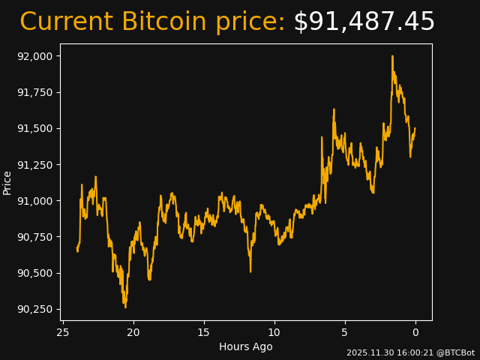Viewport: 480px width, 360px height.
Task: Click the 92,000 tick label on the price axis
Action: pos(37,56)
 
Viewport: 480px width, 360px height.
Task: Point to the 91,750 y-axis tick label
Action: pos(37,92)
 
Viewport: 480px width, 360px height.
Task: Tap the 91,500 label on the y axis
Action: pos(37,128)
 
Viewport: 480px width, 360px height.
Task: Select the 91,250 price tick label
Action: pos(37,164)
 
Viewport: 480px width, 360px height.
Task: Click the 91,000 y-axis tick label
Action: pos(37,200)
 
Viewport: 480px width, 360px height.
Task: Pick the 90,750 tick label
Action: pos(37,237)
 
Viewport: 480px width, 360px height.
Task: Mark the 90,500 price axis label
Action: pos(37,273)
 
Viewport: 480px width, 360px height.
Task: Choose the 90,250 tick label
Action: pos(37,309)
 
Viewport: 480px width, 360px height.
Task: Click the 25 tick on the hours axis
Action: pos(63,332)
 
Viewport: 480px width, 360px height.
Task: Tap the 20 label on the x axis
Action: pos(133,332)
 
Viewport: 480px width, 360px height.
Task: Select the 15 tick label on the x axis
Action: pos(204,332)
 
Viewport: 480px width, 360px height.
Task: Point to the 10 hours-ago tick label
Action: pos(274,332)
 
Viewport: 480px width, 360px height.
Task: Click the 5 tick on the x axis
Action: pos(345,332)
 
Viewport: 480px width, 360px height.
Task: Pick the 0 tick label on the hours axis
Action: pos(415,332)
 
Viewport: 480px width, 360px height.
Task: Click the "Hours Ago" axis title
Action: pos(246,346)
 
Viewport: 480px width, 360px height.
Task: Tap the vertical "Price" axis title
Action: pos(7,182)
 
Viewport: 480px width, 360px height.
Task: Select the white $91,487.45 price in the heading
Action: pos(364,22)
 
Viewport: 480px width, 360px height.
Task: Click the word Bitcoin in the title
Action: pos(165,22)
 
